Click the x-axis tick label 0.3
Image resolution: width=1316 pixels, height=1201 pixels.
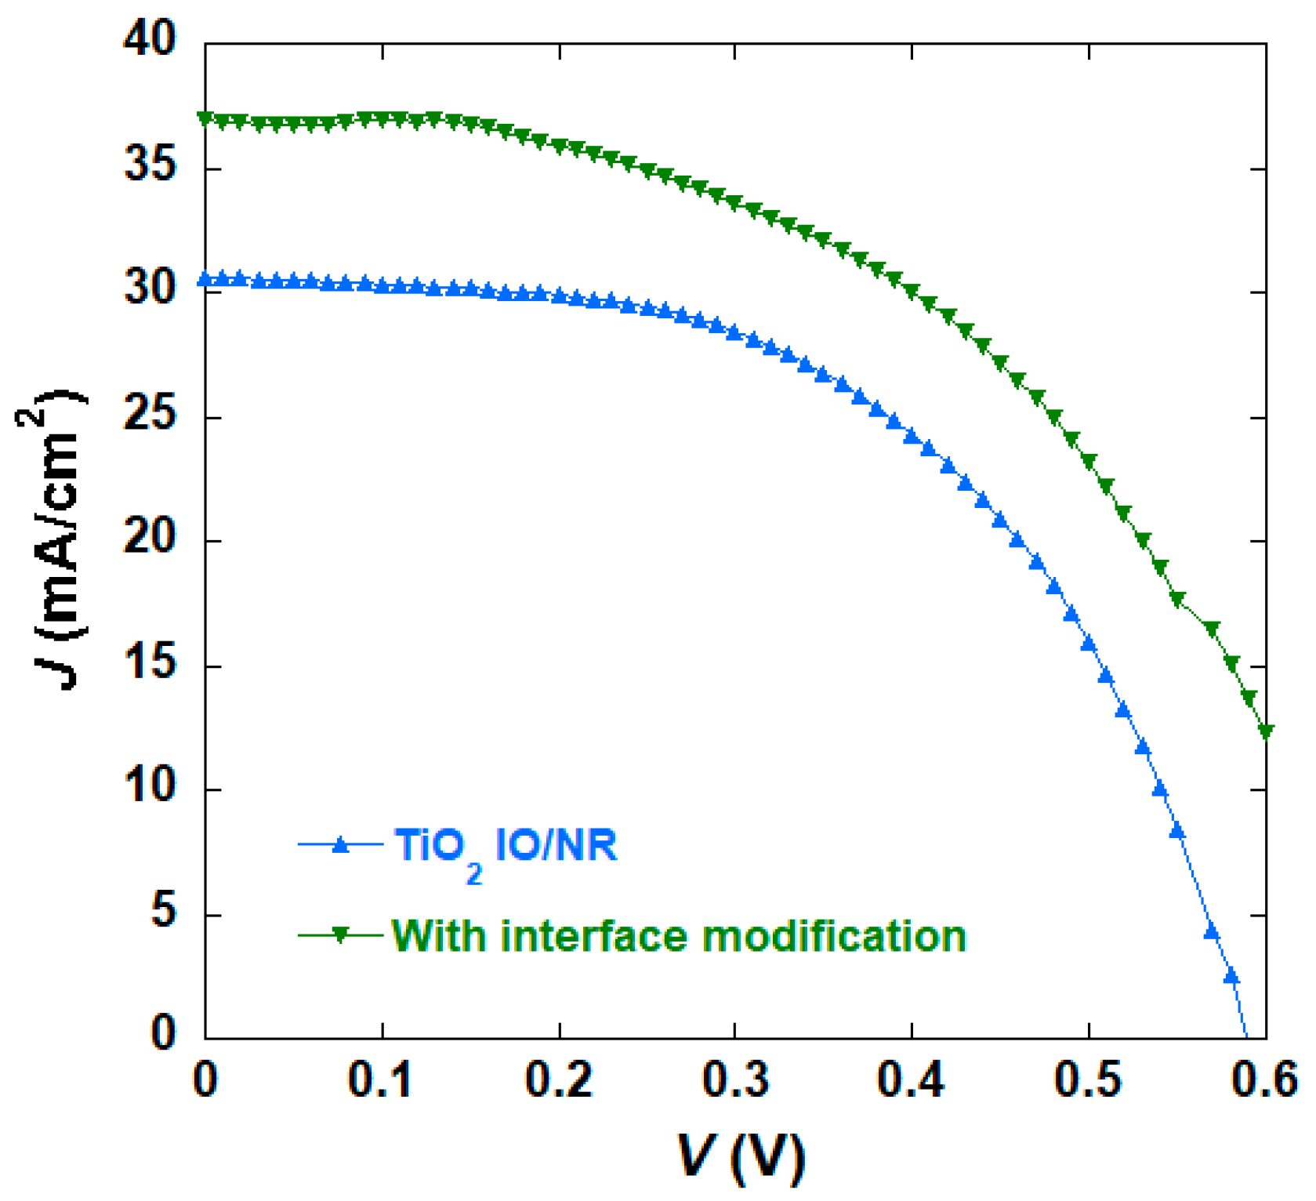(735, 1080)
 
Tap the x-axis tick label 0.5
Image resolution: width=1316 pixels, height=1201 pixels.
(1088, 1080)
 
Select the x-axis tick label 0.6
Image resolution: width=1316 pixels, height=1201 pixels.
(1263, 1080)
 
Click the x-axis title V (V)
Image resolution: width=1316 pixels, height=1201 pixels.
(740, 1157)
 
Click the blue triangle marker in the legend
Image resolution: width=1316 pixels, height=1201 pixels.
(340, 844)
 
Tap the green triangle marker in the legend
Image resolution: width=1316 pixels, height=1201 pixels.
(340, 934)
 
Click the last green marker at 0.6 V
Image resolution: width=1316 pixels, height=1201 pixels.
(1265, 731)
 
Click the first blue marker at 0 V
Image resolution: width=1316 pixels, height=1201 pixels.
(206, 279)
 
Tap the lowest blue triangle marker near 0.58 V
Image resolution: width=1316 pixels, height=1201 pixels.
(1231, 976)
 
